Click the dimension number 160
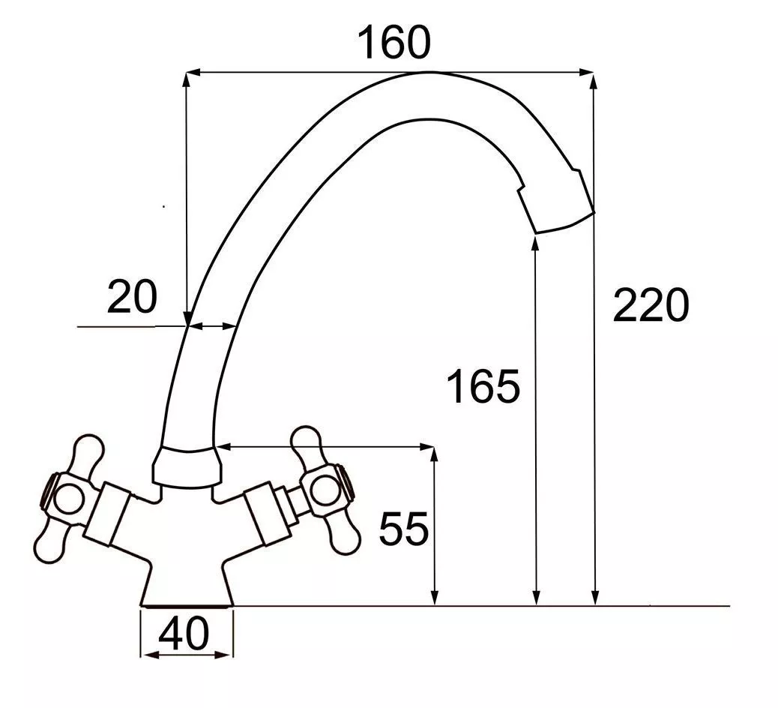coord(394,43)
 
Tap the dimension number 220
coord(651,304)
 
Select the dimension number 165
coord(483,385)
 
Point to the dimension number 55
coord(403,528)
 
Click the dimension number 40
coord(184,634)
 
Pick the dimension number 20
coord(132,297)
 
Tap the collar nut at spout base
coord(187,466)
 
